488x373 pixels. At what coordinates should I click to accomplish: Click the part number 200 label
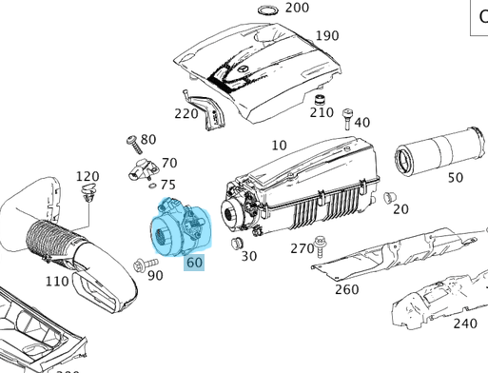(297, 8)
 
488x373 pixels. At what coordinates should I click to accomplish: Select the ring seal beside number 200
(268, 10)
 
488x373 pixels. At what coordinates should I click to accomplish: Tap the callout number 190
(327, 35)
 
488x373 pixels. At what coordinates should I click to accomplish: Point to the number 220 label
(186, 113)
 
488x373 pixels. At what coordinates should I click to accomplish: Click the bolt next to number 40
(347, 119)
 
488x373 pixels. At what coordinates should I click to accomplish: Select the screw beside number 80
(134, 146)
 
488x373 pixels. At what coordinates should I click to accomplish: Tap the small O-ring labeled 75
(152, 186)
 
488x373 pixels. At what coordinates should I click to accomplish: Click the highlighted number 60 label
(194, 263)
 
